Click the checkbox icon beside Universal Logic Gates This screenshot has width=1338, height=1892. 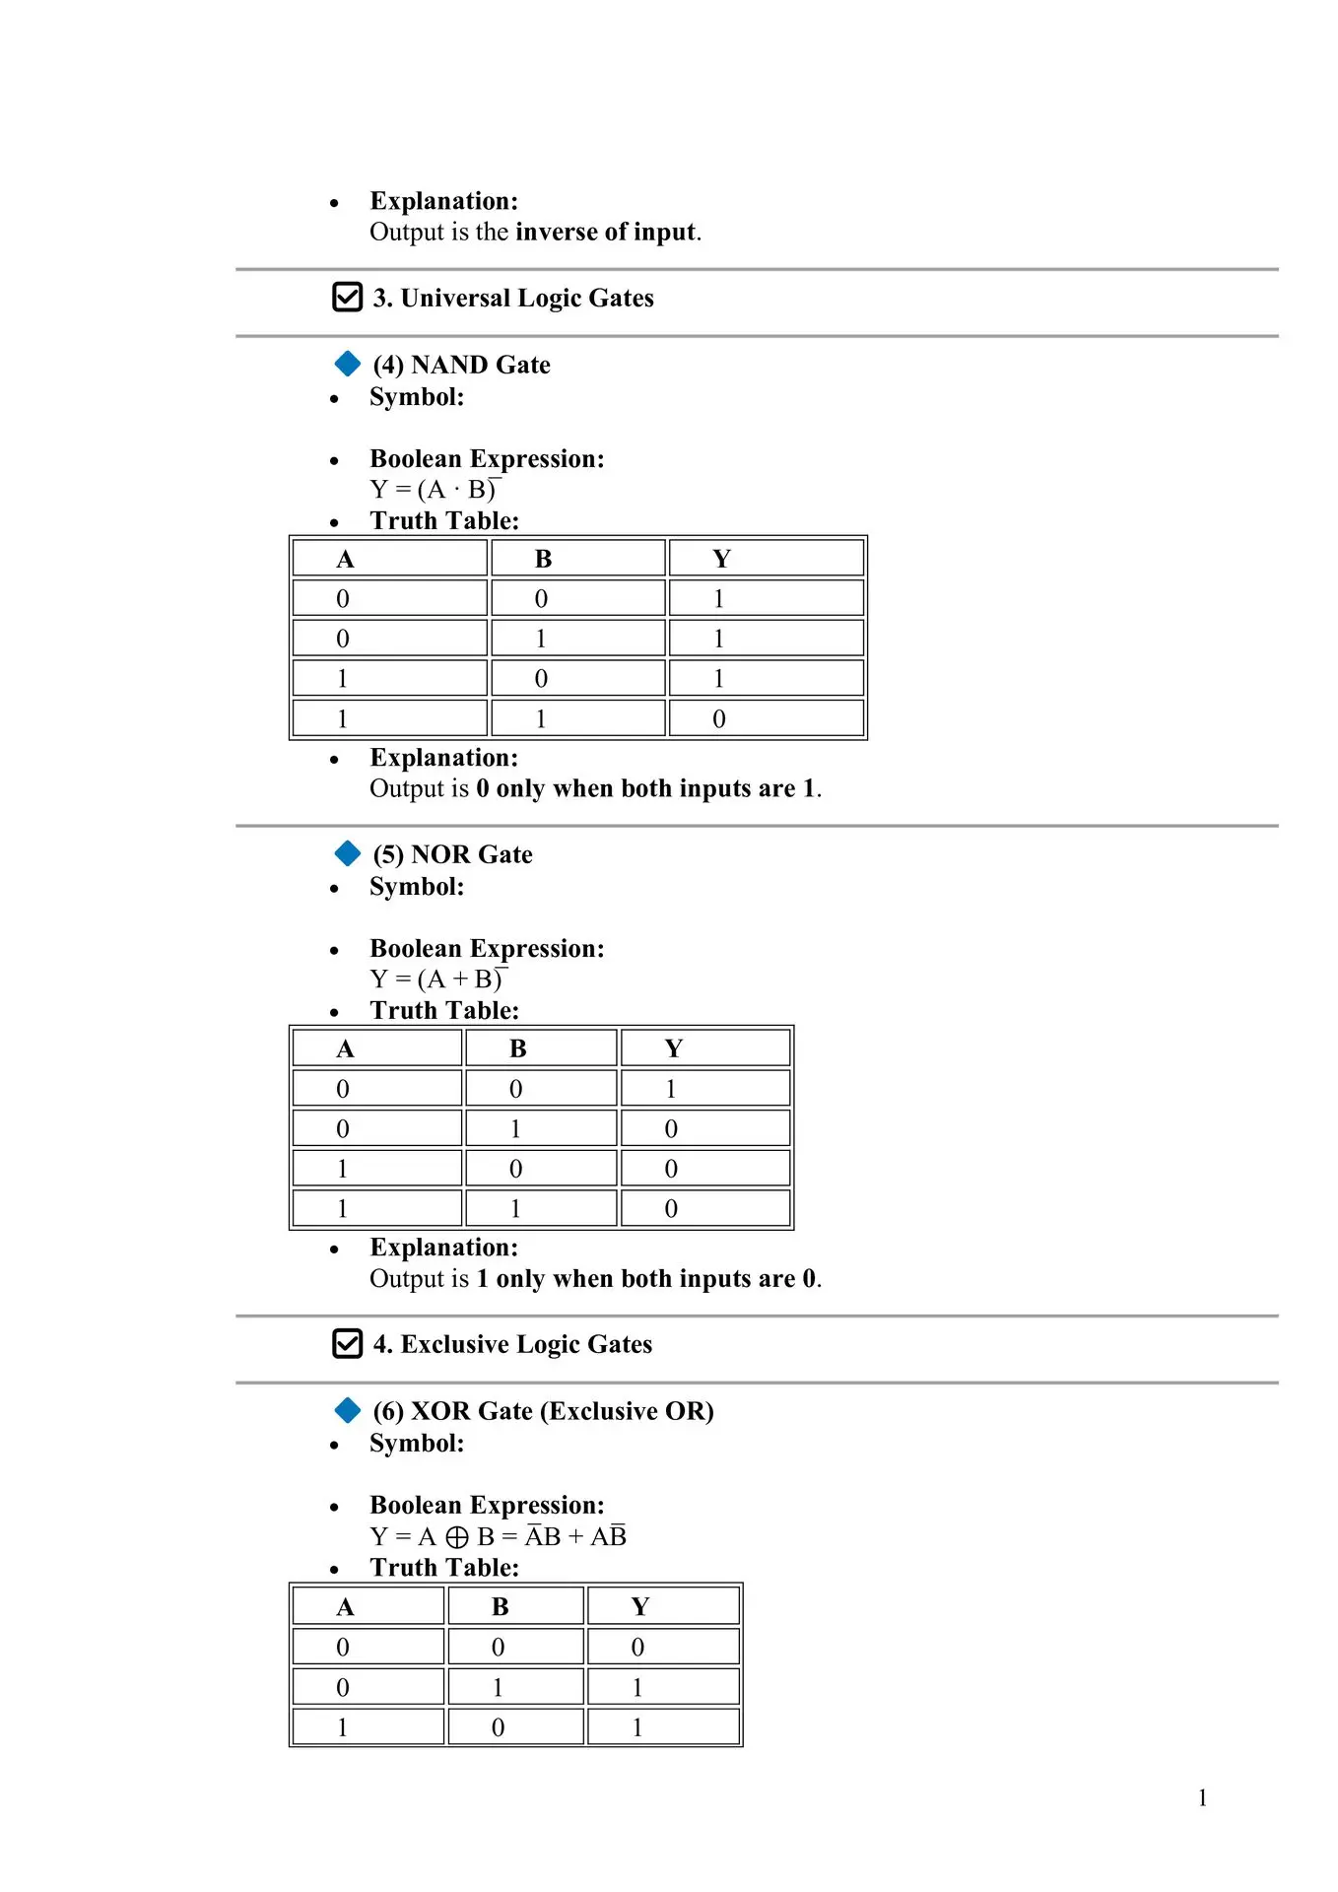pyautogui.click(x=347, y=297)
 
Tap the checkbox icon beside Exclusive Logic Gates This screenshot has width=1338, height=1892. pyautogui.click(x=347, y=1343)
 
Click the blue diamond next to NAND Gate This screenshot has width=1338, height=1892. pyautogui.click(x=348, y=364)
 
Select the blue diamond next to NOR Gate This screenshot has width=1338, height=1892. pyautogui.click(x=348, y=853)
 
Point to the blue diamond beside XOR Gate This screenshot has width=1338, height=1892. pyautogui.click(x=348, y=1410)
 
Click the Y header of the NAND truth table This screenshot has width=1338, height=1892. pyautogui.click(x=721, y=559)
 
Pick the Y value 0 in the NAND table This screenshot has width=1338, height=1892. pyautogui.click(x=719, y=719)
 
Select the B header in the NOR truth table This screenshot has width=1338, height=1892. pyautogui.click(x=517, y=1048)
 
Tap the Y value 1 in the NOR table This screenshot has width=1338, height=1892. pyautogui.click(x=671, y=1089)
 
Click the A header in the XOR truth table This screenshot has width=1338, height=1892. pyautogui.click(x=345, y=1607)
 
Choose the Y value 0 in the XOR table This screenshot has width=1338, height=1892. pyautogui.click(x=637, y=1648)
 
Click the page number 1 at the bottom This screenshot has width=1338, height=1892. pyautogui.click(x=1202, y=1797)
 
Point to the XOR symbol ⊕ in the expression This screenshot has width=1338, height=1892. pyautogui.click(x=457, y=1537)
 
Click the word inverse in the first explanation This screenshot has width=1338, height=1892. pyautogui.click(x=556, y=232)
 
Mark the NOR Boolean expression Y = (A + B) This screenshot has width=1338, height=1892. pyautogui.click(x=437, y=980)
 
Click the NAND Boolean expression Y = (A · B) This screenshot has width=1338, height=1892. pyautogui.click(x=435, y=490)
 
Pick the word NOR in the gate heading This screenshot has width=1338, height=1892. pyautogui.click(x=440, y=854)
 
